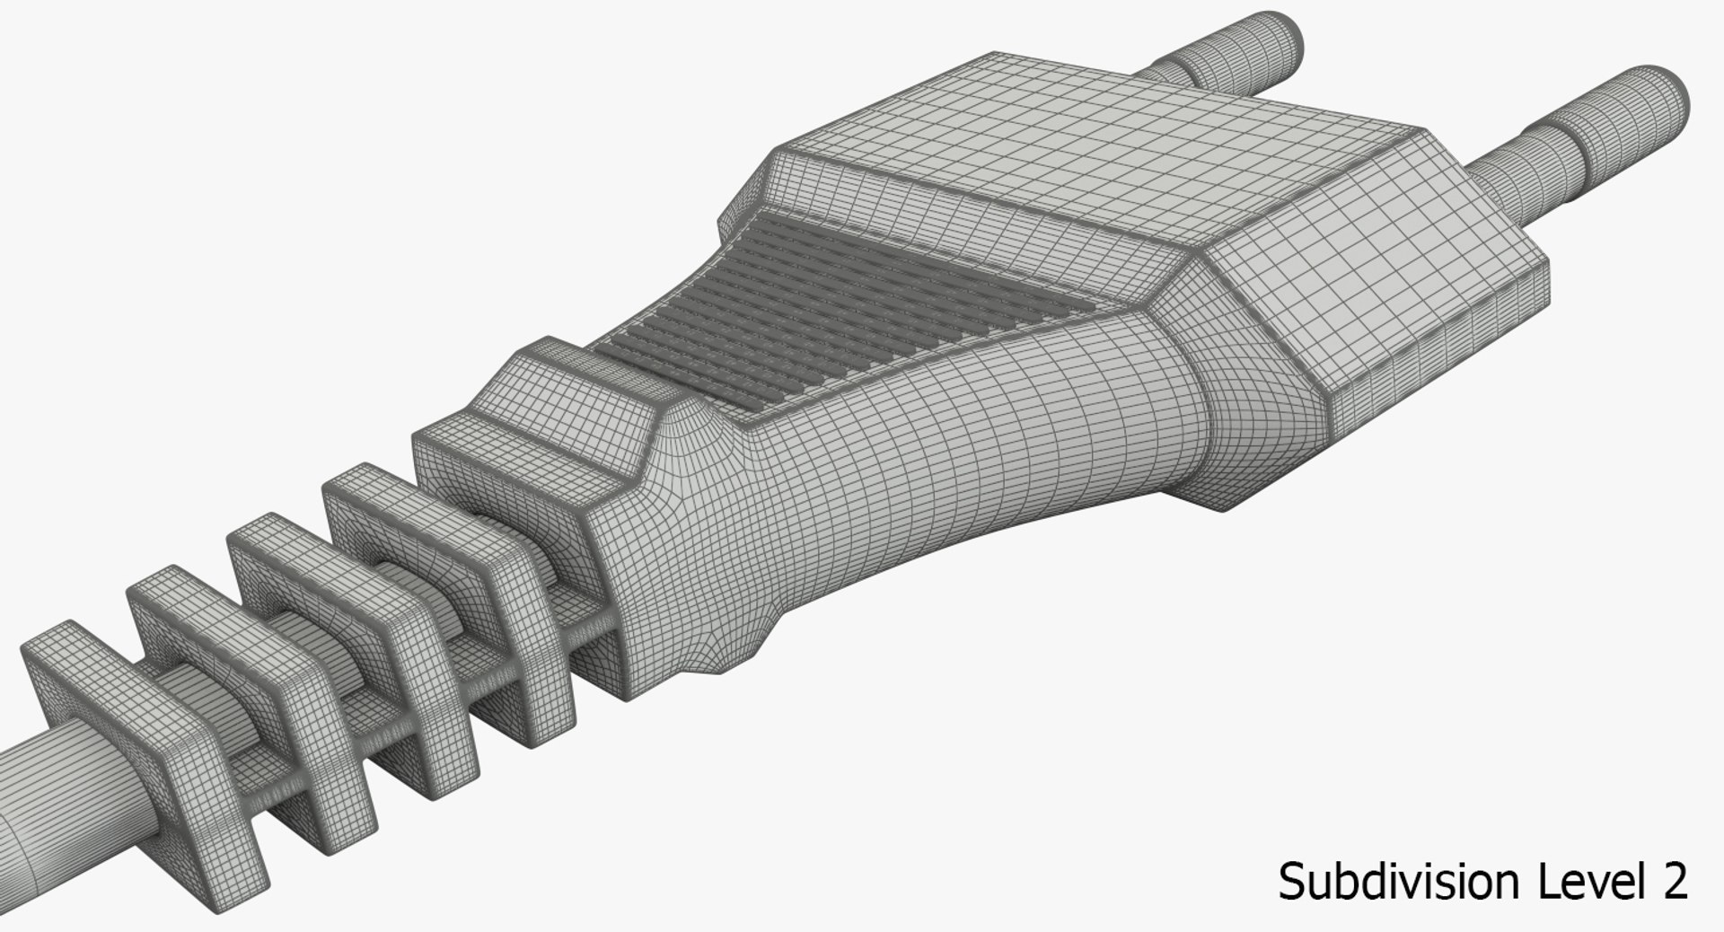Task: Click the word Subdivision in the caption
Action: pyautogui.click(x=1401, y=881)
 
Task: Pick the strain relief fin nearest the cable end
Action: pyautogui.click(x=135, y=745)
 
